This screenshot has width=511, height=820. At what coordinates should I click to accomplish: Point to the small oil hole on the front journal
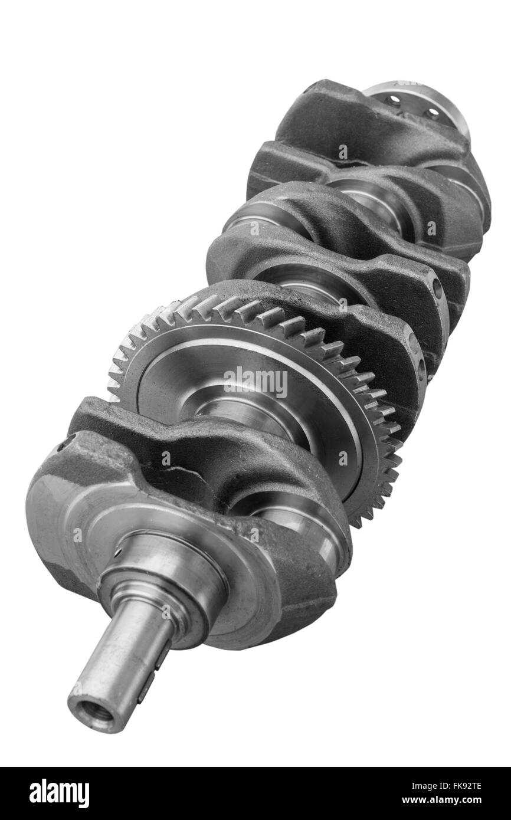(x=117, y=553)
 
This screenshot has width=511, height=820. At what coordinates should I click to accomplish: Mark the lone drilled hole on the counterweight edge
(x=437, y=290)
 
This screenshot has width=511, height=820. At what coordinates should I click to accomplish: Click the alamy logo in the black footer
(x=59, y=793)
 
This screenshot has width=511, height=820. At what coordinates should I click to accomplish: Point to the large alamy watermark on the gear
(x=255, y=383)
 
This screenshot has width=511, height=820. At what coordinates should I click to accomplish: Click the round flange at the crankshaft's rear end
(x=419, y=103)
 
